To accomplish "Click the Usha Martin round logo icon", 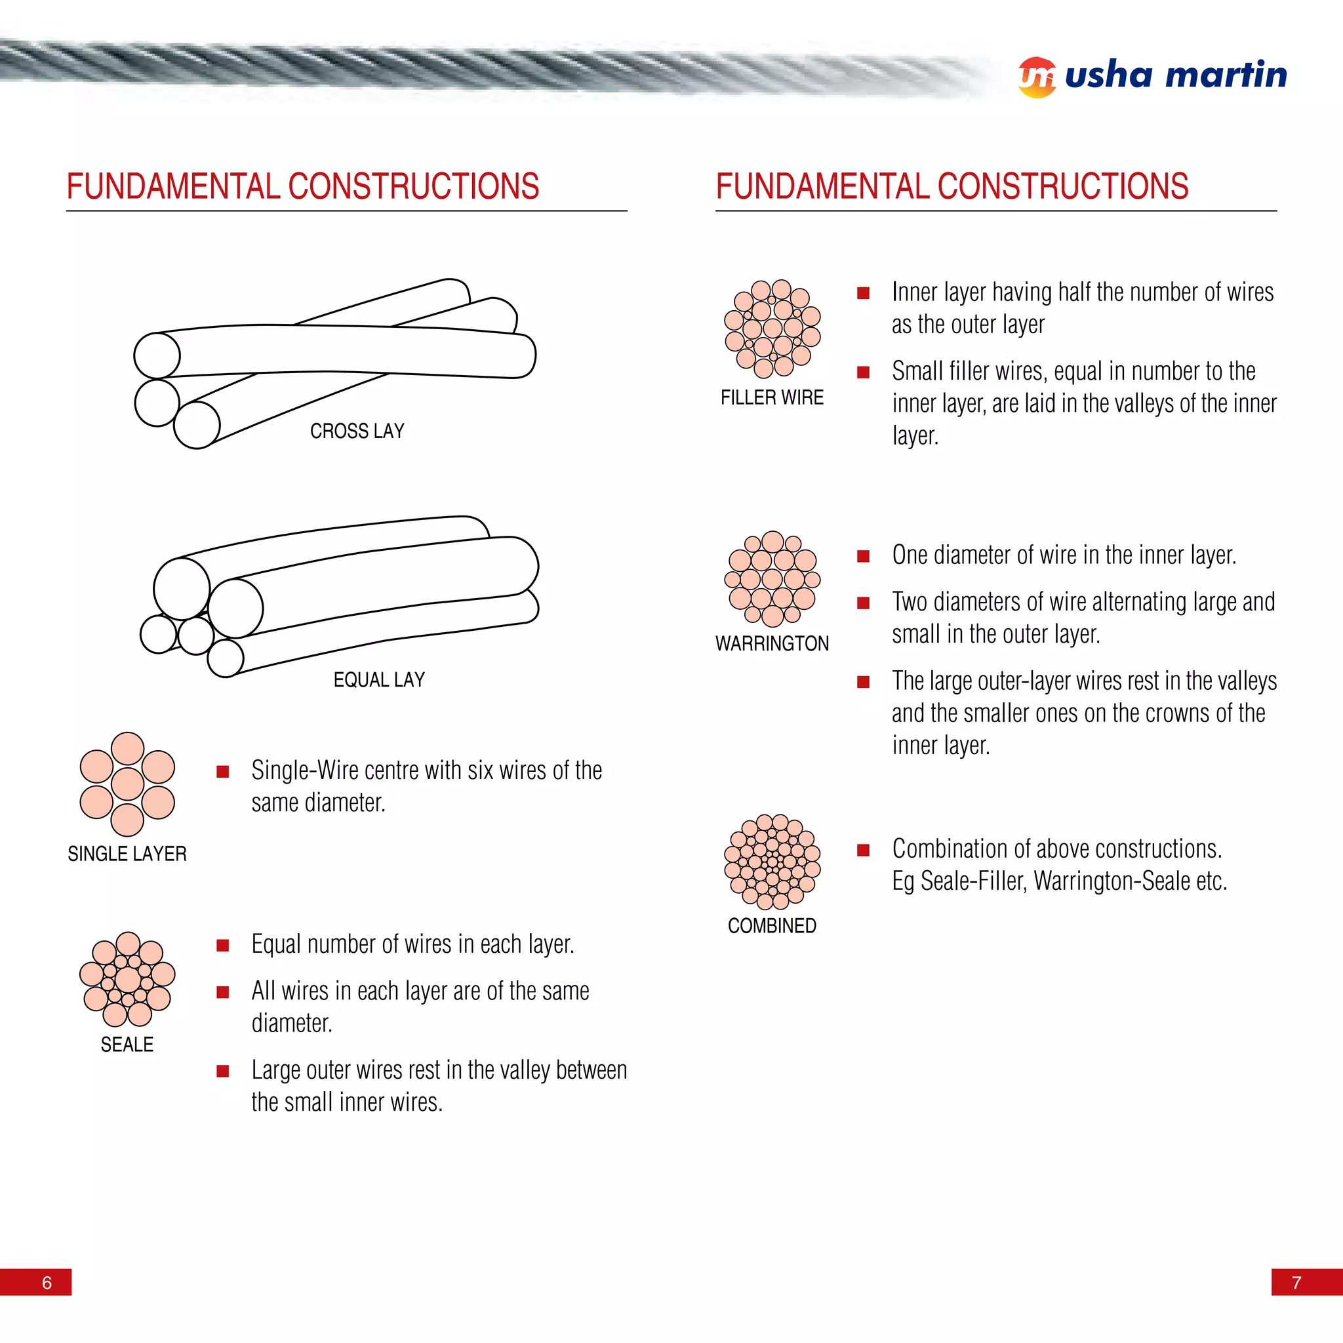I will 1037,77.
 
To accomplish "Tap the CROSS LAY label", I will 357,431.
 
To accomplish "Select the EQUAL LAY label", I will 379,680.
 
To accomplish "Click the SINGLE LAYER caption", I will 127,854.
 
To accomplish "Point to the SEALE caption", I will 127,1044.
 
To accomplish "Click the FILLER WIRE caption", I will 772,397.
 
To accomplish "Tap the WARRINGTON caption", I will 772,644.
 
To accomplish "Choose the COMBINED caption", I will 772,926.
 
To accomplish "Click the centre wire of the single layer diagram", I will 127,784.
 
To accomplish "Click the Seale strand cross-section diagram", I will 127,979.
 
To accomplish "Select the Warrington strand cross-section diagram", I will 772,578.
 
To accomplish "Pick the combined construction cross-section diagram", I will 772,862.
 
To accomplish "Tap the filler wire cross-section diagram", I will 772,328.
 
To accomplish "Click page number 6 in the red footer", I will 47,1283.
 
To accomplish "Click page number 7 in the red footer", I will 1296,1283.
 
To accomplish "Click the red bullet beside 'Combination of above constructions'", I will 864,849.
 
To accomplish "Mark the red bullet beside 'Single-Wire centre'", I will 222,771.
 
